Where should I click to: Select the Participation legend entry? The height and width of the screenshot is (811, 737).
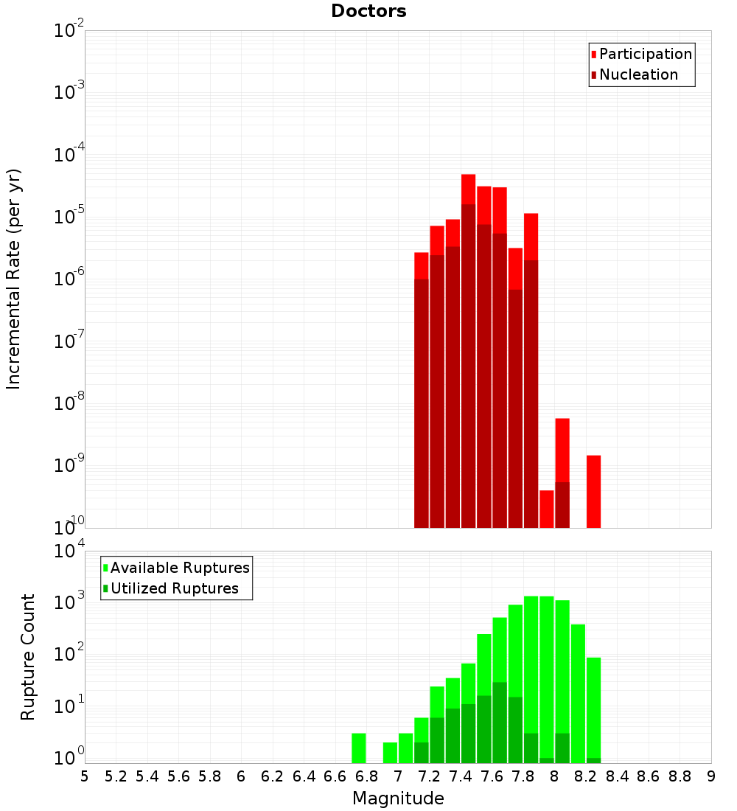click(646, 54)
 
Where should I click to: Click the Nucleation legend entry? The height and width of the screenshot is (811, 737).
click(638, 74)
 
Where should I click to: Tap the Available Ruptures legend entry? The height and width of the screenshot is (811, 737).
click(180, 568)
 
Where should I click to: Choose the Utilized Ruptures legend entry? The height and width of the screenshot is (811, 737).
click(174, 588)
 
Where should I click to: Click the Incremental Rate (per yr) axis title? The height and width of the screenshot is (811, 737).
click(14, 279)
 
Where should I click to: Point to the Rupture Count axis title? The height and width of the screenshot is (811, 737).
click(28, 657)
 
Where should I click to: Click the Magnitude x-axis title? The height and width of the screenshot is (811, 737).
click(398, 798)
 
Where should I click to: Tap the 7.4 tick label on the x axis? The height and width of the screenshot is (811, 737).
click(461, 776)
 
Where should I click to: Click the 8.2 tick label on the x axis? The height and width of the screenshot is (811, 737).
click(586, 776)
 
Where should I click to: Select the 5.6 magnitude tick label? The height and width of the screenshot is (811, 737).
click(178, 776)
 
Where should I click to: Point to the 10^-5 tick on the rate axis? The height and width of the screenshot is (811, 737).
click(69, 217)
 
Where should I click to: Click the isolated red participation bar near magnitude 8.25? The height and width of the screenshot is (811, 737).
click(593, 492)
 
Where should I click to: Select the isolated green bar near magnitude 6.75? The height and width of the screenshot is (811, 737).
click(358, 748)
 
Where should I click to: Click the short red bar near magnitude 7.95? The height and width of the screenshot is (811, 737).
click(546, 509)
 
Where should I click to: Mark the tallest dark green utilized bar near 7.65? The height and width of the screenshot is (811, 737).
click(500, 723)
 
